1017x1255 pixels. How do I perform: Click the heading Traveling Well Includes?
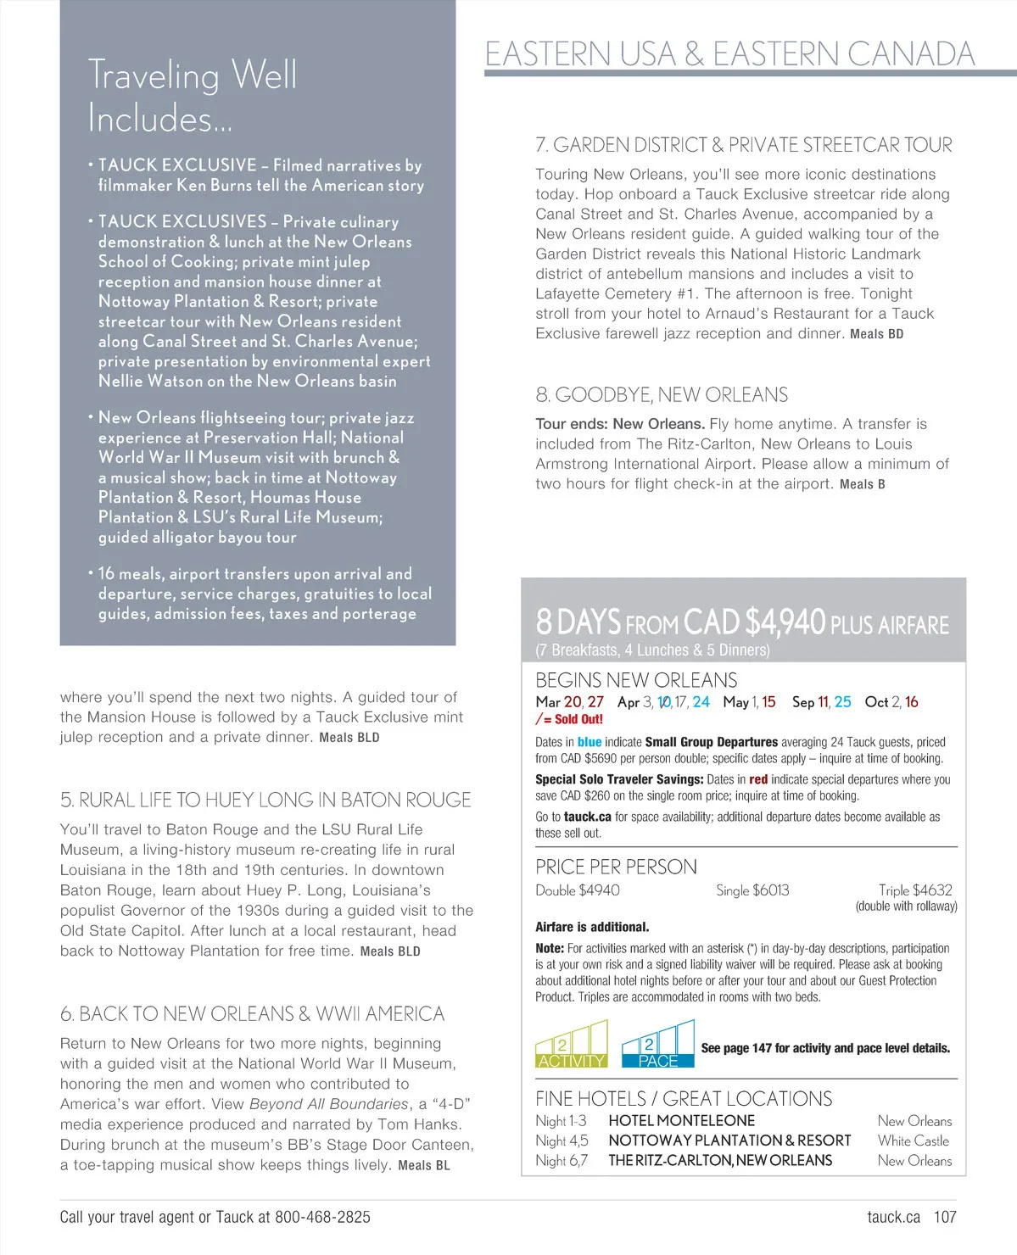point(193,96)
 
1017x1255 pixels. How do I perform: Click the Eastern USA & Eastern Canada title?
point(729,54)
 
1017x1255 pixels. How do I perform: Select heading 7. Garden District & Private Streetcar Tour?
point(743,145)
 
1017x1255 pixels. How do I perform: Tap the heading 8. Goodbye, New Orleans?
point(662,395)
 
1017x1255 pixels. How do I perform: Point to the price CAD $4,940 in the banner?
point(754,622)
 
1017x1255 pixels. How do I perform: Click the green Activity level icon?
point(572,1045)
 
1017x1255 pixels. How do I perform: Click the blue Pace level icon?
point(657,1045)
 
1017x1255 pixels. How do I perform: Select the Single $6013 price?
point(752,890)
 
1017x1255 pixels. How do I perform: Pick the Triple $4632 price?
point(915,890)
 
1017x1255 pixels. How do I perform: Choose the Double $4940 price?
point(578,890)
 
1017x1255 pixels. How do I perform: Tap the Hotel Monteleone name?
point(681,1121)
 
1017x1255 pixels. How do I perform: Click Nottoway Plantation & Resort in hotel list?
point(729,1141)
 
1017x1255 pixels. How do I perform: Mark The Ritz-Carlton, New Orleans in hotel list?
point(720,1161)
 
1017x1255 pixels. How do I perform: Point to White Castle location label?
point(914,1141)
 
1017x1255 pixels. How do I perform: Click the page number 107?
point(945,1217)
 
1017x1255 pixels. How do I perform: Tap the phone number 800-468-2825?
point(322,1217)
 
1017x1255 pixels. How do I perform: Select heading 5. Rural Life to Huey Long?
point(265,800)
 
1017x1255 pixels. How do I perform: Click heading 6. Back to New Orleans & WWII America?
point(252,1014)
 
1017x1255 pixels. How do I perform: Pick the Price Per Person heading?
point(616,867)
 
